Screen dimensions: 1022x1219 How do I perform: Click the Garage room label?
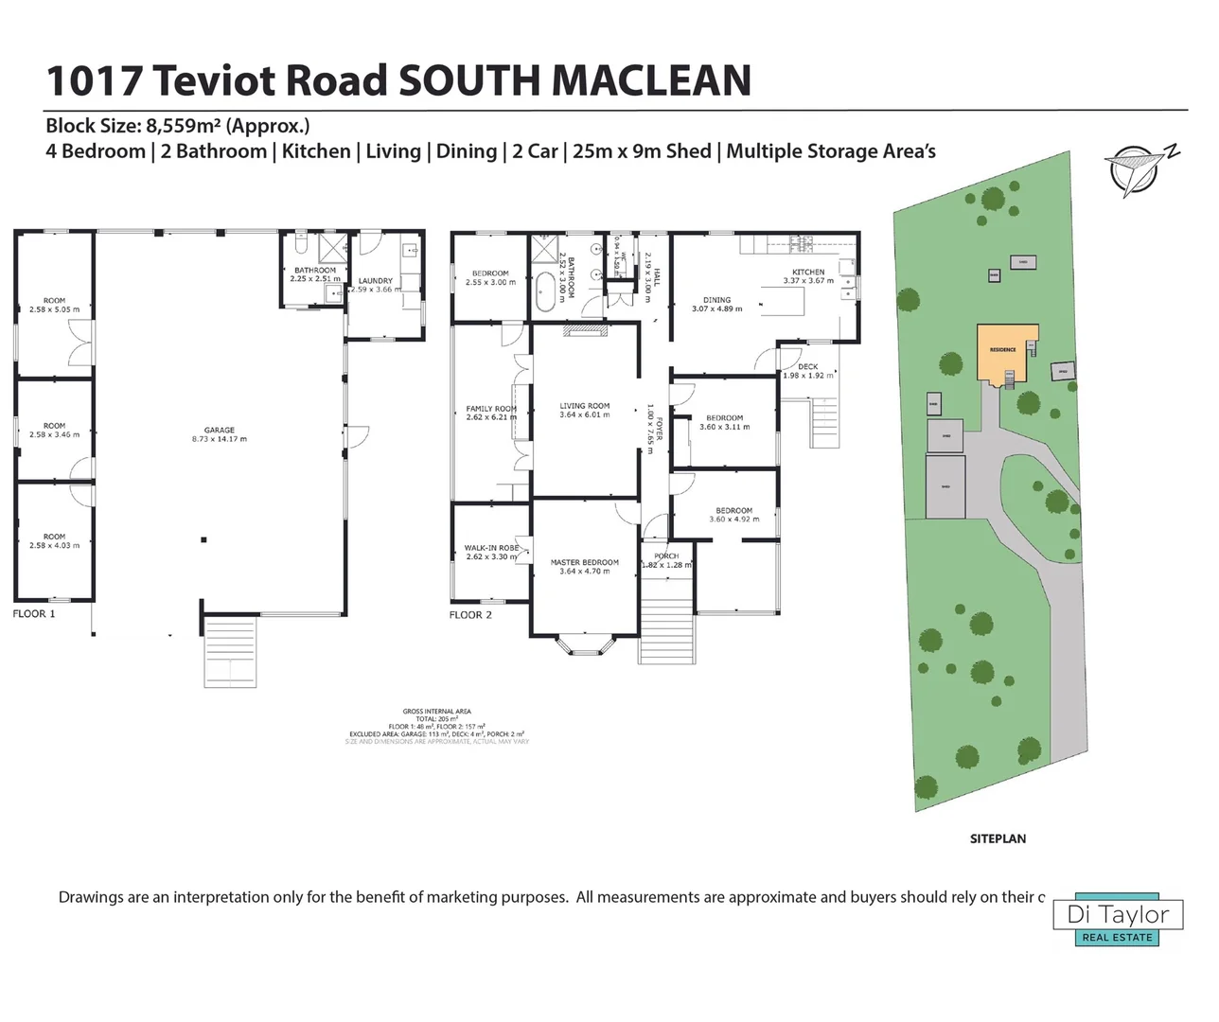(219, 431)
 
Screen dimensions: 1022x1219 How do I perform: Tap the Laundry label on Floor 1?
(376, 281)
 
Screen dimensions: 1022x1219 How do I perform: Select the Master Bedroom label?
(584, 562)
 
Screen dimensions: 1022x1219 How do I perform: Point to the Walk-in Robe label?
(490, 548)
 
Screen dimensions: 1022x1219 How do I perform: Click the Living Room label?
(584, 406)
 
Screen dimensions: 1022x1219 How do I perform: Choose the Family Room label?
(491, 409)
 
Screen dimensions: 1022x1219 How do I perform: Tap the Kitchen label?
(808, 273)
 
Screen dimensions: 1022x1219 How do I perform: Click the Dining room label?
(716, 300)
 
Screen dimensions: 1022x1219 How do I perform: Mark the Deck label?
(807, 367)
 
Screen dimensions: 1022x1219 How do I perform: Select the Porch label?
(666, 556)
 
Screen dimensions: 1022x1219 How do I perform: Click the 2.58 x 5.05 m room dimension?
(54, 309)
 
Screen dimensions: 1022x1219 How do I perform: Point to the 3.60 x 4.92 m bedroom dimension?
(733, 520)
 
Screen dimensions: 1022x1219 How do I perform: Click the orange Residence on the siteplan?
(1003, 350)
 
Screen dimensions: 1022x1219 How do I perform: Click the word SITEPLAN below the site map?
(998, 838)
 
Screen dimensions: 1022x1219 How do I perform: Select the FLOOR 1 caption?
(34, 614)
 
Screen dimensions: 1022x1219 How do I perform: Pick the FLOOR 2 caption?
(470, 615)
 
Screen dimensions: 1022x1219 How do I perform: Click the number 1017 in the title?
(95, 80)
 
